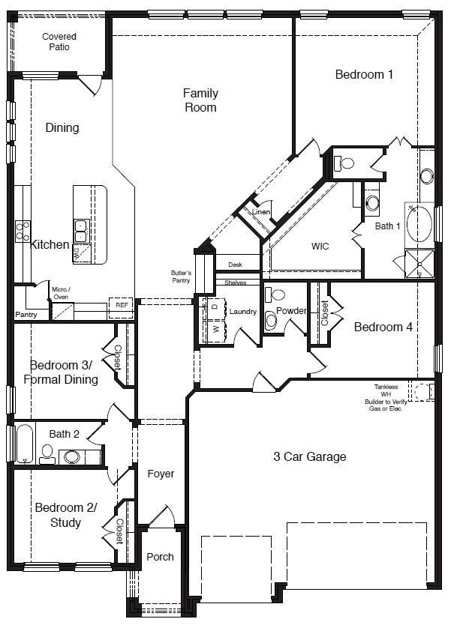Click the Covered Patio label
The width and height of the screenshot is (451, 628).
(x=59, y=41)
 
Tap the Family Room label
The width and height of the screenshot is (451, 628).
(x=200, y=100)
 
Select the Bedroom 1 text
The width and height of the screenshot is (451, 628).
(x=364, y=74)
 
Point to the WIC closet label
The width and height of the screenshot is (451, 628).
(x=320, y=246)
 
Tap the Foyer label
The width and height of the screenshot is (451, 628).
(x=161, y=474)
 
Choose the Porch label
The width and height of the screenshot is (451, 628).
(x=160, y=557)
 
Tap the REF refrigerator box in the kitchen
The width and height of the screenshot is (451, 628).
(x=122, y=306)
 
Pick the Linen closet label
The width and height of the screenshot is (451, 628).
(x=260, y=212)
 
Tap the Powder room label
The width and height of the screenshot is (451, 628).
(x=290, y=310)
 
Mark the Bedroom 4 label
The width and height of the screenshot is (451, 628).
(x=383, y=327)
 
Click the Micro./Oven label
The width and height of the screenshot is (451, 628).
(x=60, y=292)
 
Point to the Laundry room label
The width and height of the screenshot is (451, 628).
(x=243, y=311)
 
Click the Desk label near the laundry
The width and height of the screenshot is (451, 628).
(x=235, y=265)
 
